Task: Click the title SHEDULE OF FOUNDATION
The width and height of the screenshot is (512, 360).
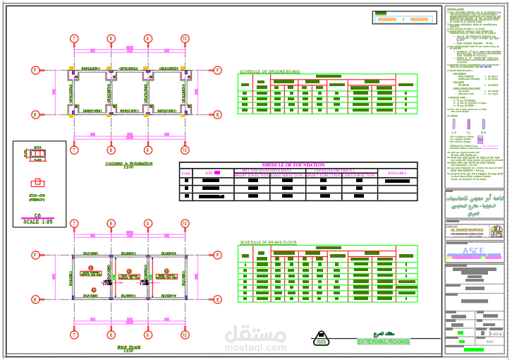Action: click(x=298, y=165)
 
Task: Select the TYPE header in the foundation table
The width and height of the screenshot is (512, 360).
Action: click(x=186, y=172)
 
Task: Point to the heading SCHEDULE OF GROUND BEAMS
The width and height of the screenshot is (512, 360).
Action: click(x=270, y=72)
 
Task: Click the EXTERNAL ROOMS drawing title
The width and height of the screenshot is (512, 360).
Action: click(x=382, y=342)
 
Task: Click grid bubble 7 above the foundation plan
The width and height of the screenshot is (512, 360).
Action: click(x=74, y=38)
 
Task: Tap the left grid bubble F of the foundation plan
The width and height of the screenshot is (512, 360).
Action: click(x=34, y=69)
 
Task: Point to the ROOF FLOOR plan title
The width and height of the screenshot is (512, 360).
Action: click(x=128, y=348)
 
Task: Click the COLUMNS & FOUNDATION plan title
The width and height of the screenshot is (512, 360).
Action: click(x=128, y=164)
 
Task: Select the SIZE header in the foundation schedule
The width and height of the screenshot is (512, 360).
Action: click(x=212, y=172)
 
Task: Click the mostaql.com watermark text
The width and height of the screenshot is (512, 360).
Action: click(x=256, y=348)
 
